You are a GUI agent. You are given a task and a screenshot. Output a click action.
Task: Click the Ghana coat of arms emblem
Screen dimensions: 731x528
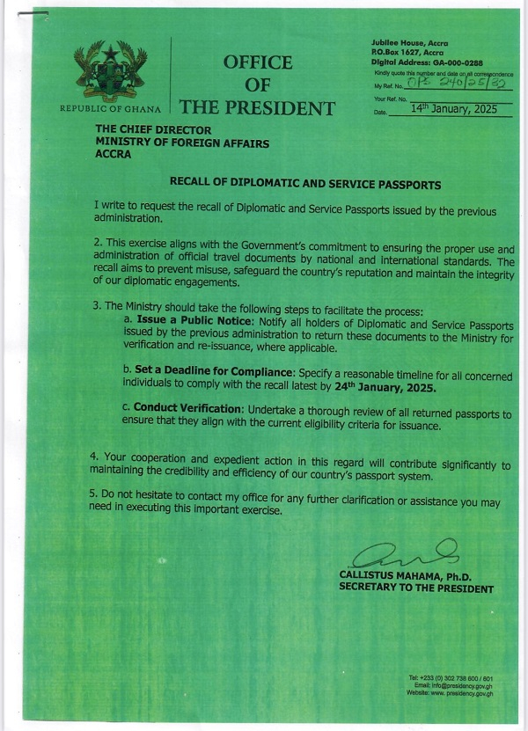[110, 71]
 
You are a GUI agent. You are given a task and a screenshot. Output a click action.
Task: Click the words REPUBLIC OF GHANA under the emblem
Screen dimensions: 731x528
[110, 109]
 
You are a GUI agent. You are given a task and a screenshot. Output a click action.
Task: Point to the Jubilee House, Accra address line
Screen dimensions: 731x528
[410, 43]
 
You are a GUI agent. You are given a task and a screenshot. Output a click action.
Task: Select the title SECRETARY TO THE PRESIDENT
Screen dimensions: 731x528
[415, 588]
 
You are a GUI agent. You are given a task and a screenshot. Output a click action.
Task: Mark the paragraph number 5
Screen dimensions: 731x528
[94, 494]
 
